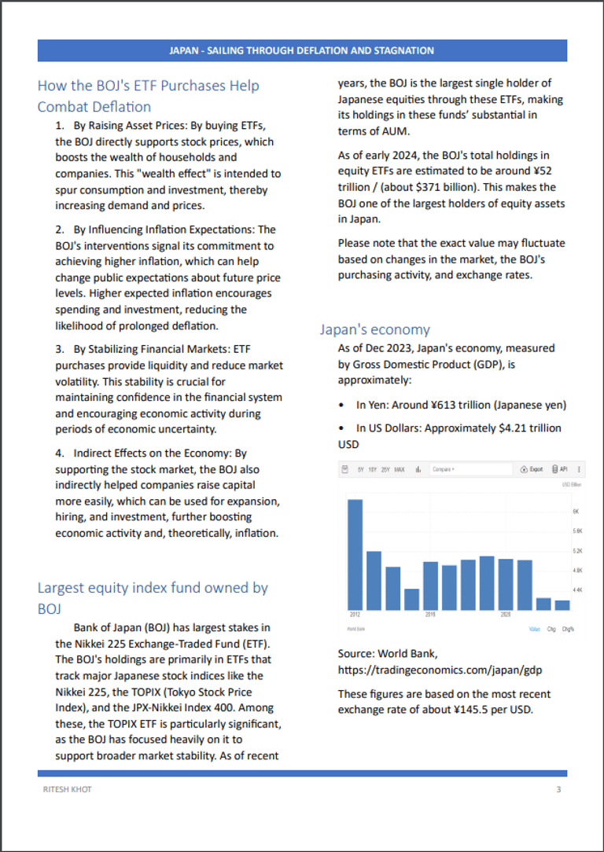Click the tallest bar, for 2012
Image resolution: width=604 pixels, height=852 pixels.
pyautogui.click(x=355, y=553)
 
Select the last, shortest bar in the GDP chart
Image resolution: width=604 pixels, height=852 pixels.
pyautogui.click(x=562, y=604)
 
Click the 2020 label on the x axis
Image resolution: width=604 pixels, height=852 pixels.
pyautogui.click(x=506, y=615)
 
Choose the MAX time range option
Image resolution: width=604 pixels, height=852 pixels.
pyautogui.click(x=400, y=469)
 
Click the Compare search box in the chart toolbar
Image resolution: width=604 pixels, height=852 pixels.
pyautogui.click(x=470, y=469)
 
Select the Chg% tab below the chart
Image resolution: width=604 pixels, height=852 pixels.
pyautogui.click(x=567, y=629)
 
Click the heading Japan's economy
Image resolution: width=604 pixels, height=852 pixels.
pyautogui.click(x=375, y=329)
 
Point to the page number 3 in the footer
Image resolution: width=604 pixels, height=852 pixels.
pyautogui.click(x=558, y=789)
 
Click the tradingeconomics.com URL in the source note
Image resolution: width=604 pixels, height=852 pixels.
pyautogui.click(x=440, y=670)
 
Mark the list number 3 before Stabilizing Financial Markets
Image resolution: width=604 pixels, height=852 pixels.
pyautogui.click(x=59, y=348)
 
